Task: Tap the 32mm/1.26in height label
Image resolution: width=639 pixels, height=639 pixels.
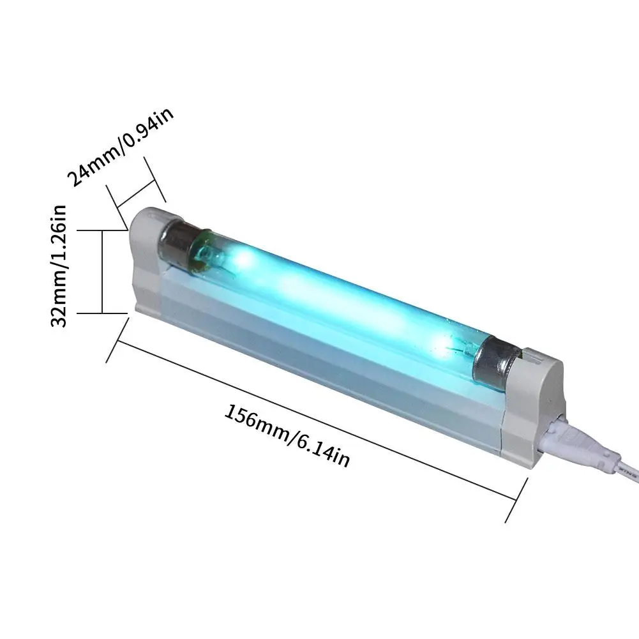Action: (x=59, y=266)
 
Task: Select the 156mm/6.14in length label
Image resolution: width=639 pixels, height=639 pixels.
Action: (x=287, y=435)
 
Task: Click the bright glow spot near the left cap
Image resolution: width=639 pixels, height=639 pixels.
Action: (x=241, y=258)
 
